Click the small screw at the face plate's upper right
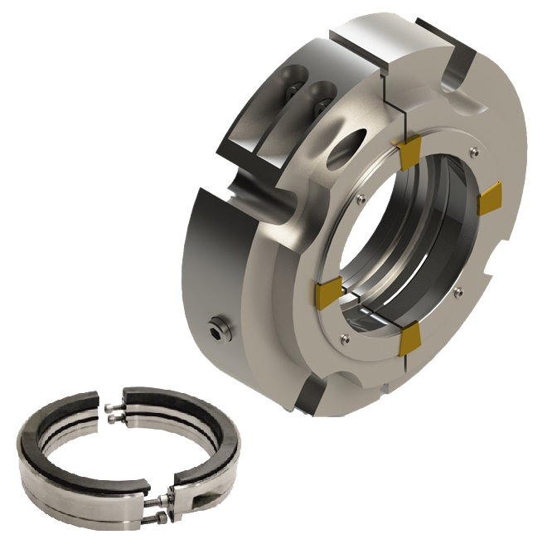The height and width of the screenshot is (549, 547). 472,152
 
